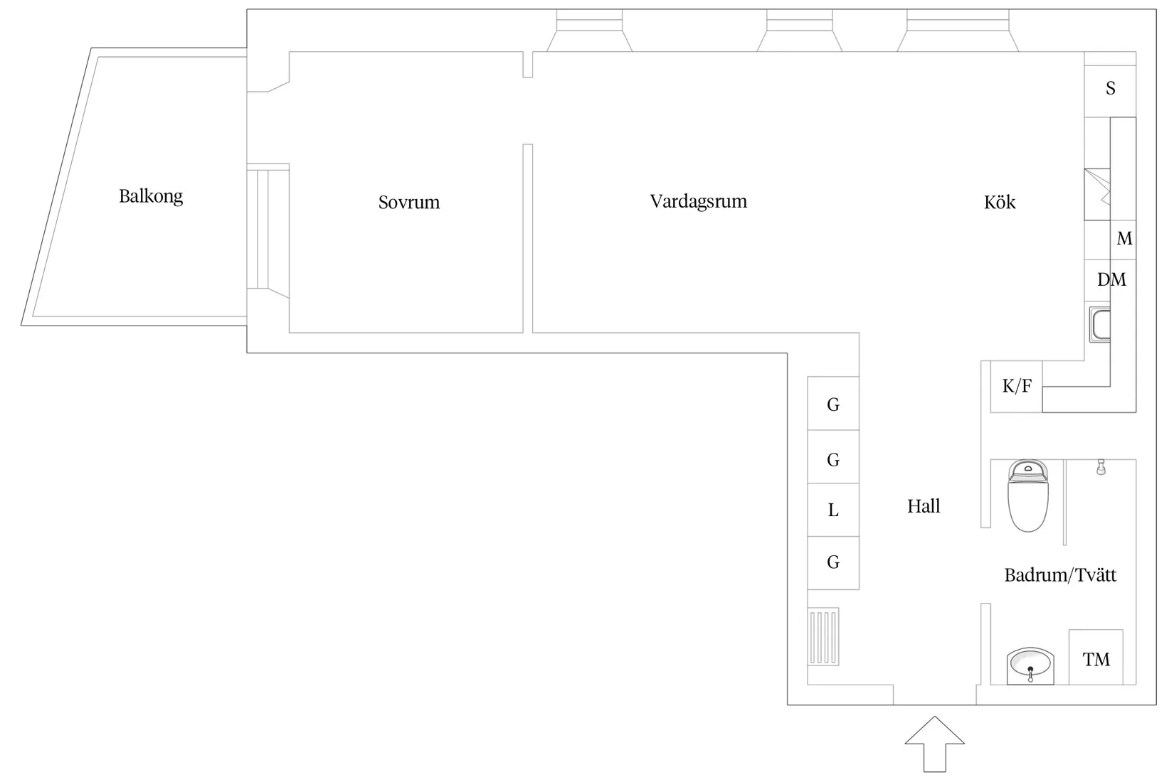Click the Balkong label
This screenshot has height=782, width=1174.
click(x=151, y=197)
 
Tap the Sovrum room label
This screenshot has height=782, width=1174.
click(x=409, y=202)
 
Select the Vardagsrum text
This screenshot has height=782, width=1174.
click(x=699, y=202)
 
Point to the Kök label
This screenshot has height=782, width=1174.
click(x=1000, y=202)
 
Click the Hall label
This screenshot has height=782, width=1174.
click(x=924, y=506)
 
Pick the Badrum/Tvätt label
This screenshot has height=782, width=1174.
click(x=1059, y=575)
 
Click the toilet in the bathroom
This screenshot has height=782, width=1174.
click(x=1027, y=496)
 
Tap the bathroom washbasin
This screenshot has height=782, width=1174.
click(x=1030, y=665)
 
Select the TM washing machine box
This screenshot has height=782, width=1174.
click(x=1096, y=657)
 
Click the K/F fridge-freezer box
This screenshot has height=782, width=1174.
click(x=1016, y=387)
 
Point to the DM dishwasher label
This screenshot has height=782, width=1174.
click(x=1111, y=279)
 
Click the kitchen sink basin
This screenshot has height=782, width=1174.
click(x=1099, y=325)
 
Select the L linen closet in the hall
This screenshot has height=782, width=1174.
click(x=832, y=510)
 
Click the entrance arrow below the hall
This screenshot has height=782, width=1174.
click(x=934, y=744)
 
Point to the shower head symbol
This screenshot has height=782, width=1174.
click(x=1101, y=466)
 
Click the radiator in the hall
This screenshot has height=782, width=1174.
click(x=823, y=636)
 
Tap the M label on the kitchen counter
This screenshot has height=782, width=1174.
click(x=1123, y=239)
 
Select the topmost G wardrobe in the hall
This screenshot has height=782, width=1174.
click(x=832, y=403)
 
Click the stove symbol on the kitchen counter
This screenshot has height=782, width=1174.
click(x=1097, y=194)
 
